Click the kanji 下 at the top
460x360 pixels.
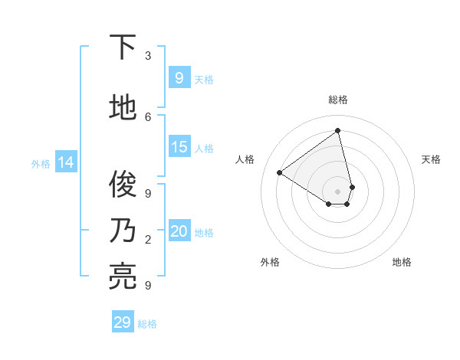click(123, 48)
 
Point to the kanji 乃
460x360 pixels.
click(123, 231)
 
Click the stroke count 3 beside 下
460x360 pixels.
click(148, 56)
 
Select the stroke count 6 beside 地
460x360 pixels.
click(148, 116)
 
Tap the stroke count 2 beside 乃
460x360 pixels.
click(148, 240)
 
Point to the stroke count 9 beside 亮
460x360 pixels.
click(148, 286)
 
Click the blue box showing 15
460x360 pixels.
click(179, 147)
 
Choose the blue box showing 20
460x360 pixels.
click(179, 231)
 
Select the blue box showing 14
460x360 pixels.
click(65, 162)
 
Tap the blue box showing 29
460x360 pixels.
click(123, 322)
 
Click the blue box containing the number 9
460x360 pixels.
click(179, 77)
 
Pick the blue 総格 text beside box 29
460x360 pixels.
click(147, 324)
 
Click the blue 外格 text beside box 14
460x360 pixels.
click(41, 163)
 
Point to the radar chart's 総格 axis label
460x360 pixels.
click(338, 100)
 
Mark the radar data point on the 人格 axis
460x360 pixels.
click(280, 172)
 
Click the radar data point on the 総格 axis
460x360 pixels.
click(338, 131)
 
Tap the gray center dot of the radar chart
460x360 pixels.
click(338, 191)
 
